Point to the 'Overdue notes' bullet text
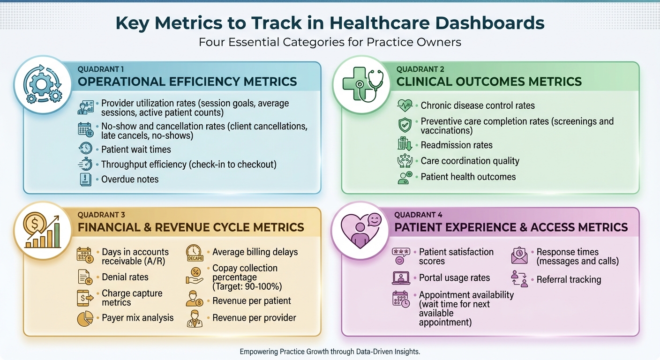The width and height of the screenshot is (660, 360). click(x=130, y=179)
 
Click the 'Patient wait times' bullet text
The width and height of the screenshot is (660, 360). click(x=136, y=150)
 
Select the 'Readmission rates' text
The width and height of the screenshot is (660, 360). click(x=456, y=145)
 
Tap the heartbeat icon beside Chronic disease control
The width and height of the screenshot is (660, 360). click(x=405, y=106)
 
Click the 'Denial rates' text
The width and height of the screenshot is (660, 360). click(x=125, y=277)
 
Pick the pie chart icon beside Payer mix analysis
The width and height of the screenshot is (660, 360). click(x=85, y=318)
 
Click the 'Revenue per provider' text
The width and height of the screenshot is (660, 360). click(x=254, y=318)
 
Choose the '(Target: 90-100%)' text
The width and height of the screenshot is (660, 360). click(x=247, y=287)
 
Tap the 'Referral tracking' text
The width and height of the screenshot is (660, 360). click(x=569, y=279)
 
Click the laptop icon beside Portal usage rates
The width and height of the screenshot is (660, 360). click(x=401, y=278)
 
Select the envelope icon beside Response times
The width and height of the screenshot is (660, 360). click(x=519, y=255)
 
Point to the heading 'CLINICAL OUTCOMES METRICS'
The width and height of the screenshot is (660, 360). click(x=489, y=82)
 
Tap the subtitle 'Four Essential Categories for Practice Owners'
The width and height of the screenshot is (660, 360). click(x=330, y=42)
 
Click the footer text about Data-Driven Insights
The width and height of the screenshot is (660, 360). click(x=330, y=351)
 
